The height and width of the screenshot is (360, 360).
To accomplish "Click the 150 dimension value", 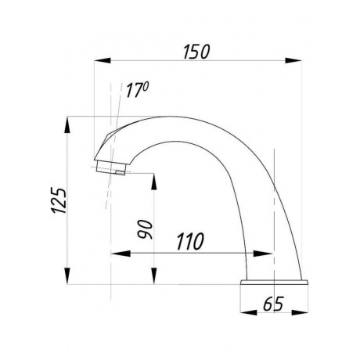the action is pos(196,52).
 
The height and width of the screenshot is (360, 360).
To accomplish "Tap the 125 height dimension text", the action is pos(59,200).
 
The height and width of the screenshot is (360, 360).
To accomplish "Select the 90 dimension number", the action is pos(146,229).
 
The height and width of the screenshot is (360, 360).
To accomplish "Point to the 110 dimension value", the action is pos(190,241).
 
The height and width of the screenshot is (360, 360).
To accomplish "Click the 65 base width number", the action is pos(273,304).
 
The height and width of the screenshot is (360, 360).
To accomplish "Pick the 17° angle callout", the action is pos(137,90).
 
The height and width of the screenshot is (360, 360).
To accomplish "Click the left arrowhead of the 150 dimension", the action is pos(103,60).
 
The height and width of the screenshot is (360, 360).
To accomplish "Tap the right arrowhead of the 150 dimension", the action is pos(293,60).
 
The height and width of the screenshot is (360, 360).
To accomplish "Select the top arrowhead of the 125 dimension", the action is pos(67,125).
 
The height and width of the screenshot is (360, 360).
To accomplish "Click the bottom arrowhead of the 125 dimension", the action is pos(67,275).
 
